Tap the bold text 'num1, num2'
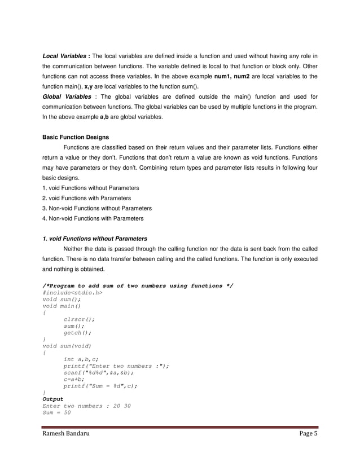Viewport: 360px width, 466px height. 235,76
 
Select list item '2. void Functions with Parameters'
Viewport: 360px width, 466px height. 87,198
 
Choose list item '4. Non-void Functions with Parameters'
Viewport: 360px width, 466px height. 93,218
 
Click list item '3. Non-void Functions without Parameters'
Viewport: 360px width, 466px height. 97,208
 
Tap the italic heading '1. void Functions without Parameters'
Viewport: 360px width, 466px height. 95,239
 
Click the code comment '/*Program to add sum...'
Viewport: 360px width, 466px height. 138,286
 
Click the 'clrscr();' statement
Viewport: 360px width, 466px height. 79,319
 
